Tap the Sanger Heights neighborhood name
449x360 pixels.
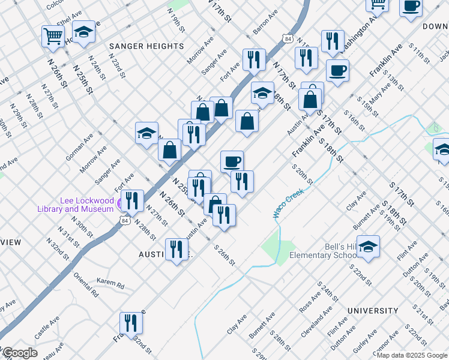[146, 46]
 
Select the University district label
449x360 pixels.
[372, 311]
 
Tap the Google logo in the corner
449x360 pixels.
[19, 353]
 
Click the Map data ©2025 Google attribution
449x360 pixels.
[412, 355]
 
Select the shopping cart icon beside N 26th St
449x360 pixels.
[53, 36]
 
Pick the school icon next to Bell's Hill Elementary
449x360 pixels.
[368, 246]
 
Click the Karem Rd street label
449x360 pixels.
[110, 283]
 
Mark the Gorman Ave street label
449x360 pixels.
[79, 146]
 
